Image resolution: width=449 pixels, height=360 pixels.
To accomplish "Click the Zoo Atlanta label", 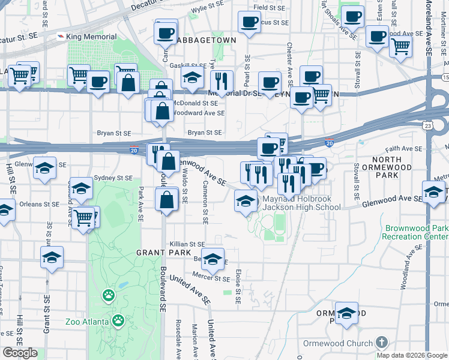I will (x=87, y=321).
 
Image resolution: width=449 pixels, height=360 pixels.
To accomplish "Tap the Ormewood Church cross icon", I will (x=381, y=343).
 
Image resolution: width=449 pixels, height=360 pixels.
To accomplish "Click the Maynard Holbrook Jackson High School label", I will (x=301, y=203).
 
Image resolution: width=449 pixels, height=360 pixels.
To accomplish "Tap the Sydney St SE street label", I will (x=112, y=178).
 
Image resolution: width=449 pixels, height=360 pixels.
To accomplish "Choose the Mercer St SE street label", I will (x=211, y=278).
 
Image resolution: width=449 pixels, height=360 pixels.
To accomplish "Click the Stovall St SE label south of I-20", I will (x=356, y=178).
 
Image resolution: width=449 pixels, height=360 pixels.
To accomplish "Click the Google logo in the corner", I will (x=20, y=353).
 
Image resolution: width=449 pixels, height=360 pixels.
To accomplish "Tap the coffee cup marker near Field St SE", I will (x=249, y=23).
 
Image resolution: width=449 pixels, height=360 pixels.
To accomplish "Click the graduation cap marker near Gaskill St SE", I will (x=192, y=77).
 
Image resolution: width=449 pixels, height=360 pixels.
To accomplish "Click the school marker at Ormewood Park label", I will (x=346, y=313).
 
